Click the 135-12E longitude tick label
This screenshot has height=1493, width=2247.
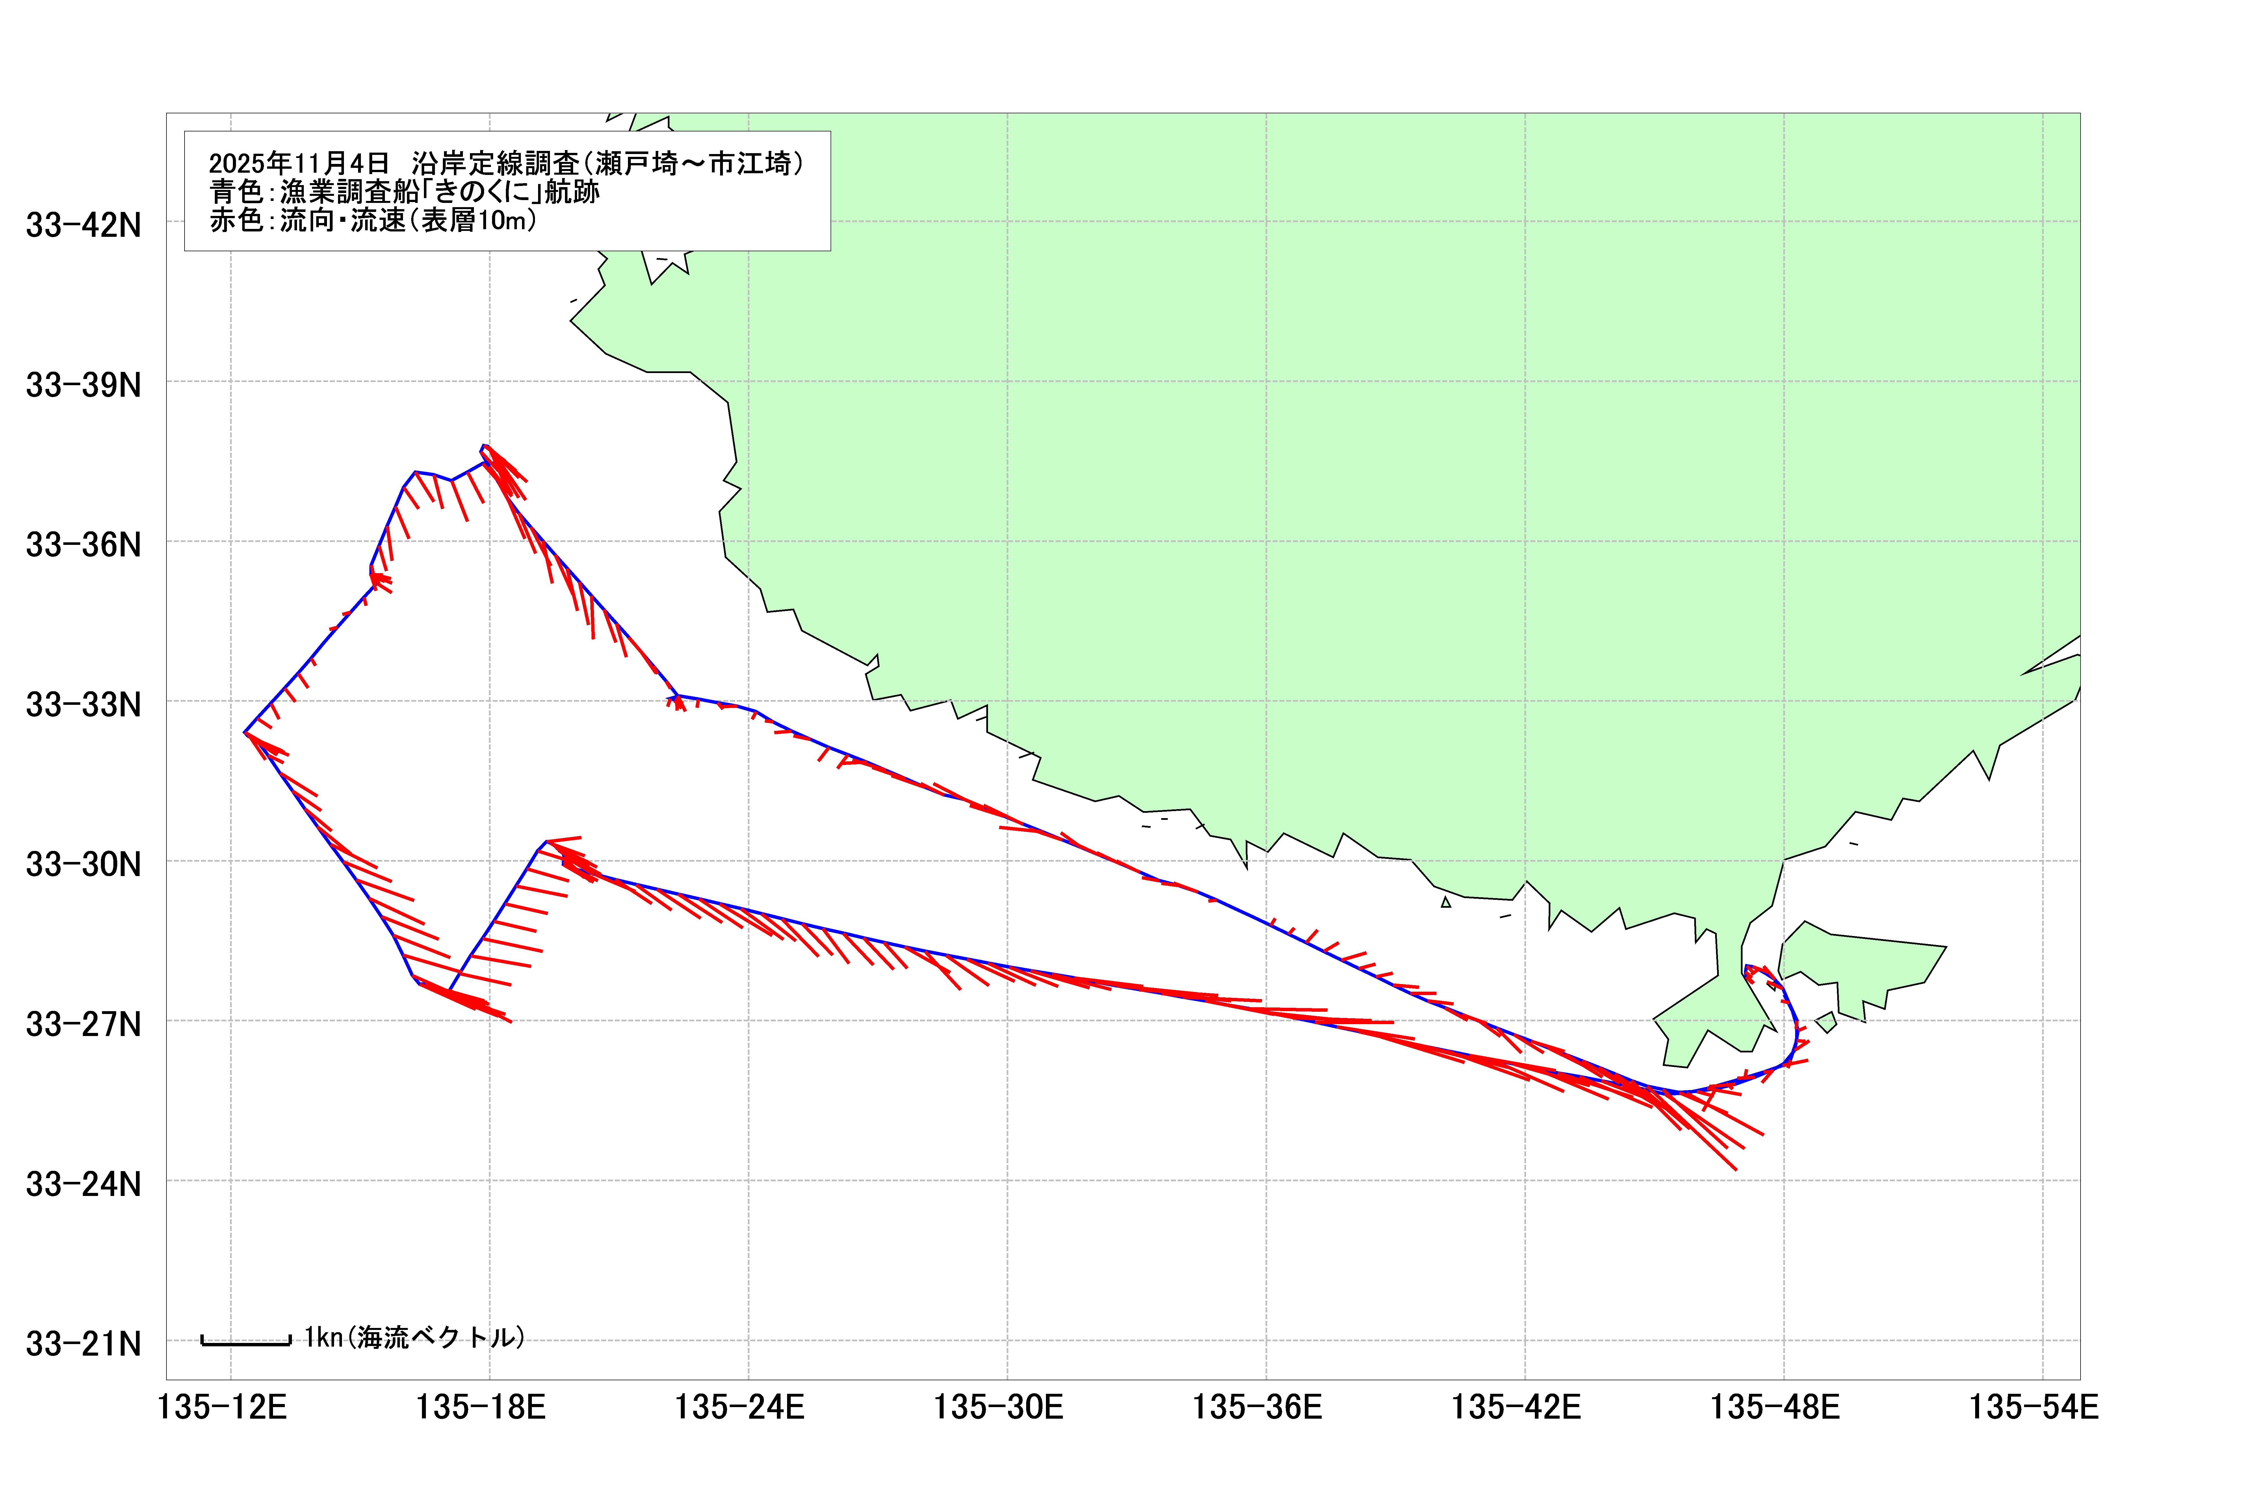[222, 1407]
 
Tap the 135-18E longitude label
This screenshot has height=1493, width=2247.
[481, 1407]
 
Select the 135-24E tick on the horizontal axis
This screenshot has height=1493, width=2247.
[740, 1407]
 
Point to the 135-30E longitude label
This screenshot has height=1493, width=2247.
[999, 1407]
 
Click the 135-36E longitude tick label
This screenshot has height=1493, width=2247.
[1258, 1407]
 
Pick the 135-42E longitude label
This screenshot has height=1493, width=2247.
[1517, 1407]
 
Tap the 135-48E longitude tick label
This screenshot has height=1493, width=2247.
[1776, 1407]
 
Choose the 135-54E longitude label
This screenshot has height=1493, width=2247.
[2035, 1407]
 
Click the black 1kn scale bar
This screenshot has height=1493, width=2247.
[246, 1343]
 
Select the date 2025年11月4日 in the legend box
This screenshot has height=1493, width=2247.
[299, 164]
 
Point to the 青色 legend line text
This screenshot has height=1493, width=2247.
[405, 192]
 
